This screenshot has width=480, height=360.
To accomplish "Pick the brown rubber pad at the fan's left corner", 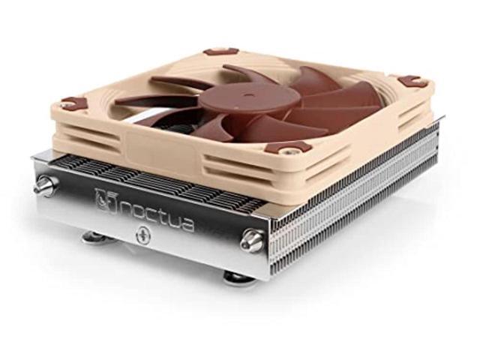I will point(73,102).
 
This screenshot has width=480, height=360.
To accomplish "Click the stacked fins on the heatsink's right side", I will point(352,202).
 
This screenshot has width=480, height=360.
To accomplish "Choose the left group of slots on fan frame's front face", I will point(112,139).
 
